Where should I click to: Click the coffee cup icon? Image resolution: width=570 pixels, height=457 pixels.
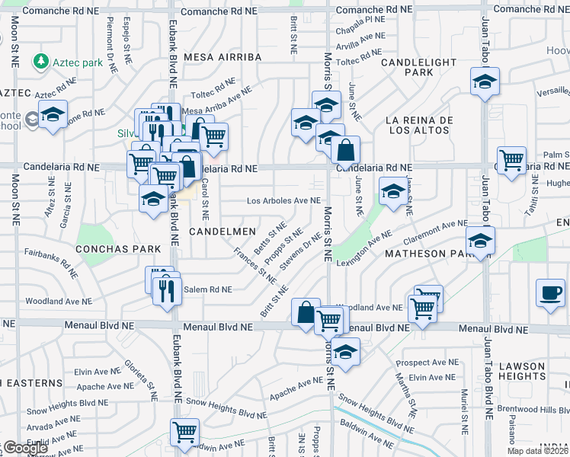point(550,292)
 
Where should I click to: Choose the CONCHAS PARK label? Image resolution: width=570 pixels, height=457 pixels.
point(118,249)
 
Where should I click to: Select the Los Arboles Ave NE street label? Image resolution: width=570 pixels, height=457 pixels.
point(283,200)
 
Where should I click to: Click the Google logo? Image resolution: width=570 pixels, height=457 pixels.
point(25,448)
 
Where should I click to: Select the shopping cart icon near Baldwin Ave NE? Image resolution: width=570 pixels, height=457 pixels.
point(185,432)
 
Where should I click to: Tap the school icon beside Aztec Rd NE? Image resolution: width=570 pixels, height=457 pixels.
point(53,114)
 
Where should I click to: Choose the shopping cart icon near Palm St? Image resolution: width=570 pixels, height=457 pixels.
point(511,160)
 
